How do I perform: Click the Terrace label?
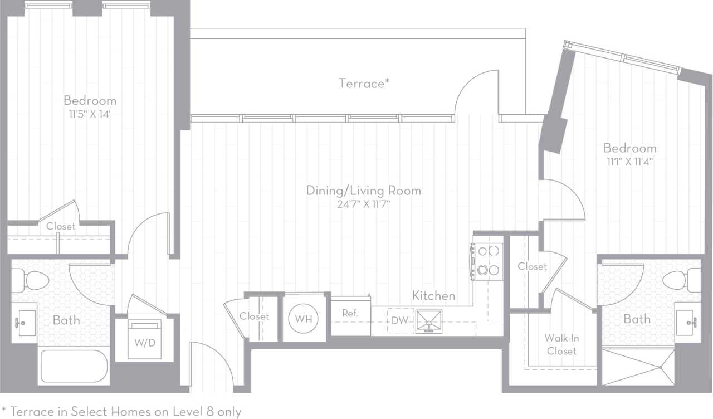(x=364, y=84)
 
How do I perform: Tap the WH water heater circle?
(x=304, y=319)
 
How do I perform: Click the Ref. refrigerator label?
(x=350, y=313)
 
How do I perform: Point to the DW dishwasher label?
(x=399, y=320)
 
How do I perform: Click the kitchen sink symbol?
(x=429, y=321)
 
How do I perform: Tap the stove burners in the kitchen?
(x=488, y=260)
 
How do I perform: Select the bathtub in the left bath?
(x=74, y=366)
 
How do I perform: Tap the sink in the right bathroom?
(x=688, y=322)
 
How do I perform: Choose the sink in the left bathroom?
(x=24, y=322)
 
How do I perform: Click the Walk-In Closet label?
(x=561, y=344)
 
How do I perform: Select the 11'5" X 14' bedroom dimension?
(x=90, y=115)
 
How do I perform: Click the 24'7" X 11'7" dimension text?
(x=363, y=204)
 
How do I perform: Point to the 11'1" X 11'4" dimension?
(x=629, y=162)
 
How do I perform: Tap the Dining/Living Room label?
(x=363, y=191)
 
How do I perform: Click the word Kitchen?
(x=433, y=296)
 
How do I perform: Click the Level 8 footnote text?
(x=121, y=412)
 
